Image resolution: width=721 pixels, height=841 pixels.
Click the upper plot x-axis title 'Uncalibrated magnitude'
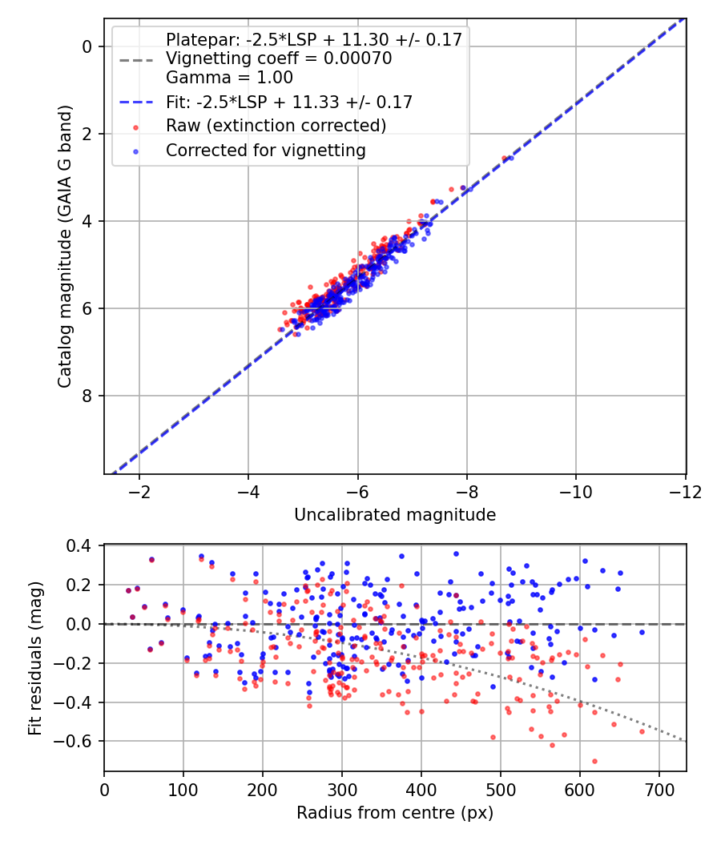click(x=395, y=515)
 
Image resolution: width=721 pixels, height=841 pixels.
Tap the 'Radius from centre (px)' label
click(x=395, y=813)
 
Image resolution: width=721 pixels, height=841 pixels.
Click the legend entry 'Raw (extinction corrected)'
click(x=276, y=126)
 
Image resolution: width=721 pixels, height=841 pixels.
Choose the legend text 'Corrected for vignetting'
click(x=266, y=150)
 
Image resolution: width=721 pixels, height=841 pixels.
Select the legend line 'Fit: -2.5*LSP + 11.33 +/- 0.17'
click(x=289, y=102)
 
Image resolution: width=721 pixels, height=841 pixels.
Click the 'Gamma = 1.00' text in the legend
click(x=229, y=78)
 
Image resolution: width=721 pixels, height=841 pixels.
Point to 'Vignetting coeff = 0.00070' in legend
click(x=279, y=59)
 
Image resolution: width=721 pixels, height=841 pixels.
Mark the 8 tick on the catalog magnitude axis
click(x=88, y=396)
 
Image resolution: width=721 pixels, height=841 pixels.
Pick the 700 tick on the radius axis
click(x=659, y=789)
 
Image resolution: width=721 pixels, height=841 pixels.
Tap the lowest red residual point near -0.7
click(x=594, y=761)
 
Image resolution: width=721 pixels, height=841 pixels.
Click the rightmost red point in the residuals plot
click(x=642, y=731)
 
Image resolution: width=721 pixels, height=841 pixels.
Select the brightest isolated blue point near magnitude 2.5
click(x=511, y=158)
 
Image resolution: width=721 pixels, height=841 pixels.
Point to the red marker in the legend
click(x=136, y=127)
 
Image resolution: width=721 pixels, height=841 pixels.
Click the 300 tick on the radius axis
click(x=342, y=789)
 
